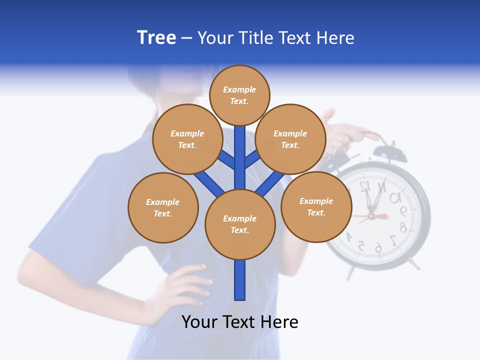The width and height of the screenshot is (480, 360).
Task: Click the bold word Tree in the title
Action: point(156,38)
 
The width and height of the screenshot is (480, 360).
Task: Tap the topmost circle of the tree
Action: point(239,95)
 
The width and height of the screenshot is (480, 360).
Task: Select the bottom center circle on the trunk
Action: point(240,224)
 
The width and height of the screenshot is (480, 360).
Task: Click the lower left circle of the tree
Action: point(163,208)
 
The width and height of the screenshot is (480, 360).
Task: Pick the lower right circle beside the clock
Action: point(316,207)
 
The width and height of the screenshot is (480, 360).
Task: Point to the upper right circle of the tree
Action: point(290,139)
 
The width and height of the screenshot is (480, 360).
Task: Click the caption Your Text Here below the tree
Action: point(240,322)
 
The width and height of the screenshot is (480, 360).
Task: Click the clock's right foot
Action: point(414,263)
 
